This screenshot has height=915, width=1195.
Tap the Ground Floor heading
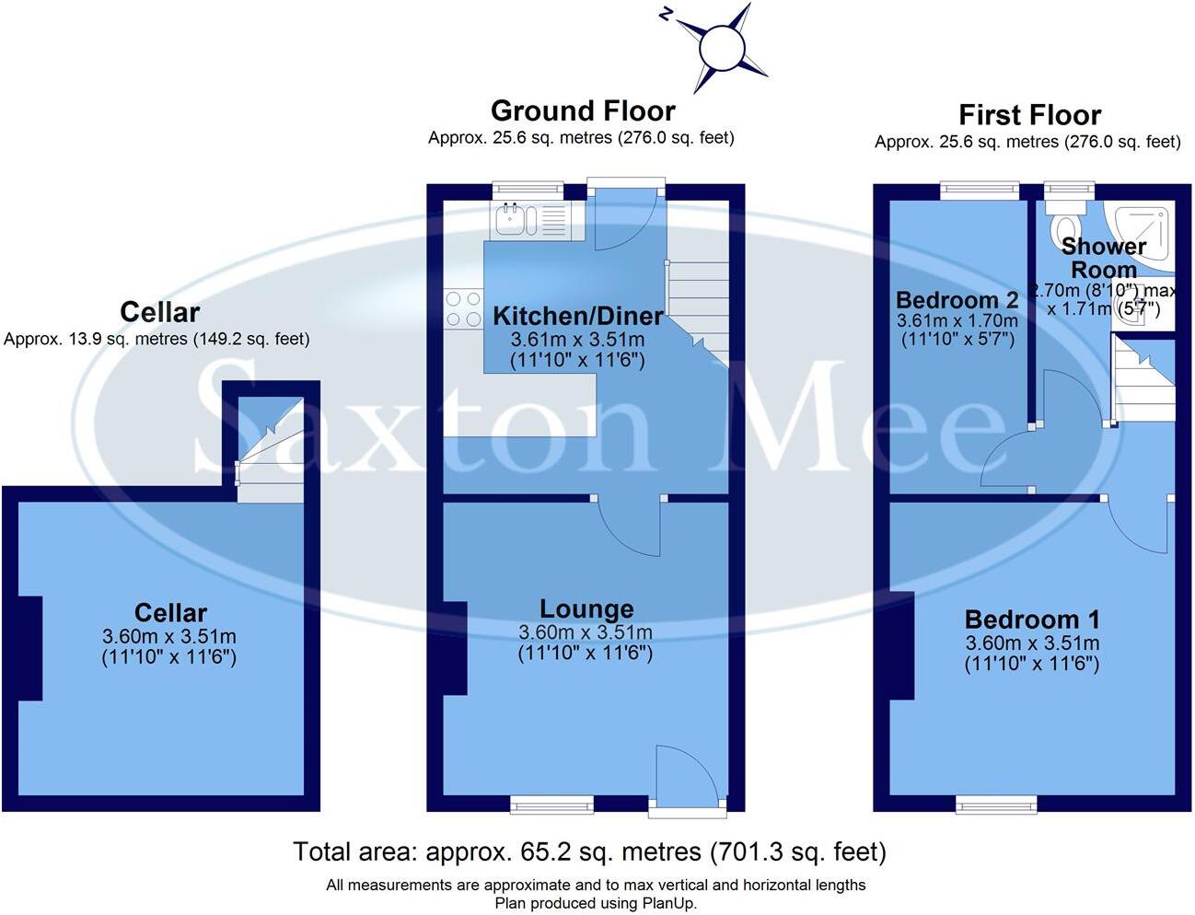(583, 111)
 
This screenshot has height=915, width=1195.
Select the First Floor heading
(1029, 115)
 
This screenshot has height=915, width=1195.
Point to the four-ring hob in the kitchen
(463, 308)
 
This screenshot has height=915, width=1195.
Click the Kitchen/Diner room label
(577, 317)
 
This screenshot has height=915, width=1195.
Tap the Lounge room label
(586, 609)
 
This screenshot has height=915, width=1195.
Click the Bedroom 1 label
(1031, 620)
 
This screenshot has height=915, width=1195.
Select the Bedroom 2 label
(957, 300)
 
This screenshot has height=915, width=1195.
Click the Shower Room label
(1103, 259)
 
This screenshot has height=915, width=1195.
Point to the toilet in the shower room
(1068, 228)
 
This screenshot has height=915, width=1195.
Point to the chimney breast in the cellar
(30, 648)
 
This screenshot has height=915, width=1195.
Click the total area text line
(589, 852)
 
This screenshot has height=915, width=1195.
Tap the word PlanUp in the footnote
(670, 903)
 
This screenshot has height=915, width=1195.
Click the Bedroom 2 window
(980, 191)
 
